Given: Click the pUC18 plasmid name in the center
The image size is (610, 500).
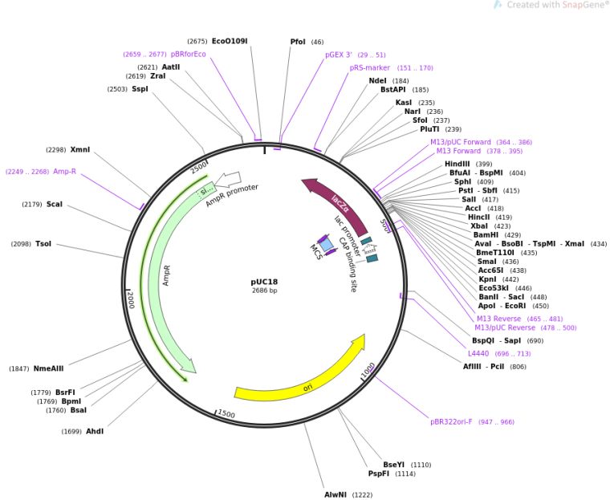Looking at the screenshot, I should pos(264,282).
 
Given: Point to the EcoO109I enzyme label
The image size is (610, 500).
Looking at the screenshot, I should pos(230,41).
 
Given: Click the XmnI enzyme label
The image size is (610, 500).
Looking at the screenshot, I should pos(80,149).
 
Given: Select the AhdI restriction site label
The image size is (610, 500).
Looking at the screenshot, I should pos(95,431).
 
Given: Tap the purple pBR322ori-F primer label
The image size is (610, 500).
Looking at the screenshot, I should pos(461,421).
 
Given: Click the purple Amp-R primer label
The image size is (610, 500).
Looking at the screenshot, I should pos(64,171).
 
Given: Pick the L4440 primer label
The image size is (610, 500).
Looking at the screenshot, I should pos(478,353).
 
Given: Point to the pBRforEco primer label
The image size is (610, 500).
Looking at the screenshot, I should pos(189,54).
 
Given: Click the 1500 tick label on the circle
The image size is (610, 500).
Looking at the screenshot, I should pos(226,414).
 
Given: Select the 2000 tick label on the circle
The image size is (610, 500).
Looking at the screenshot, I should pos(130,299).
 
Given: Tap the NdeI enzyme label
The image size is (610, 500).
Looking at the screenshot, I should pos(377,81).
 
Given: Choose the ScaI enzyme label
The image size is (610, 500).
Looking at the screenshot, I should pos(55,204).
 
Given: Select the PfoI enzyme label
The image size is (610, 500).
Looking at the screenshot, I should pos(298,42).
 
